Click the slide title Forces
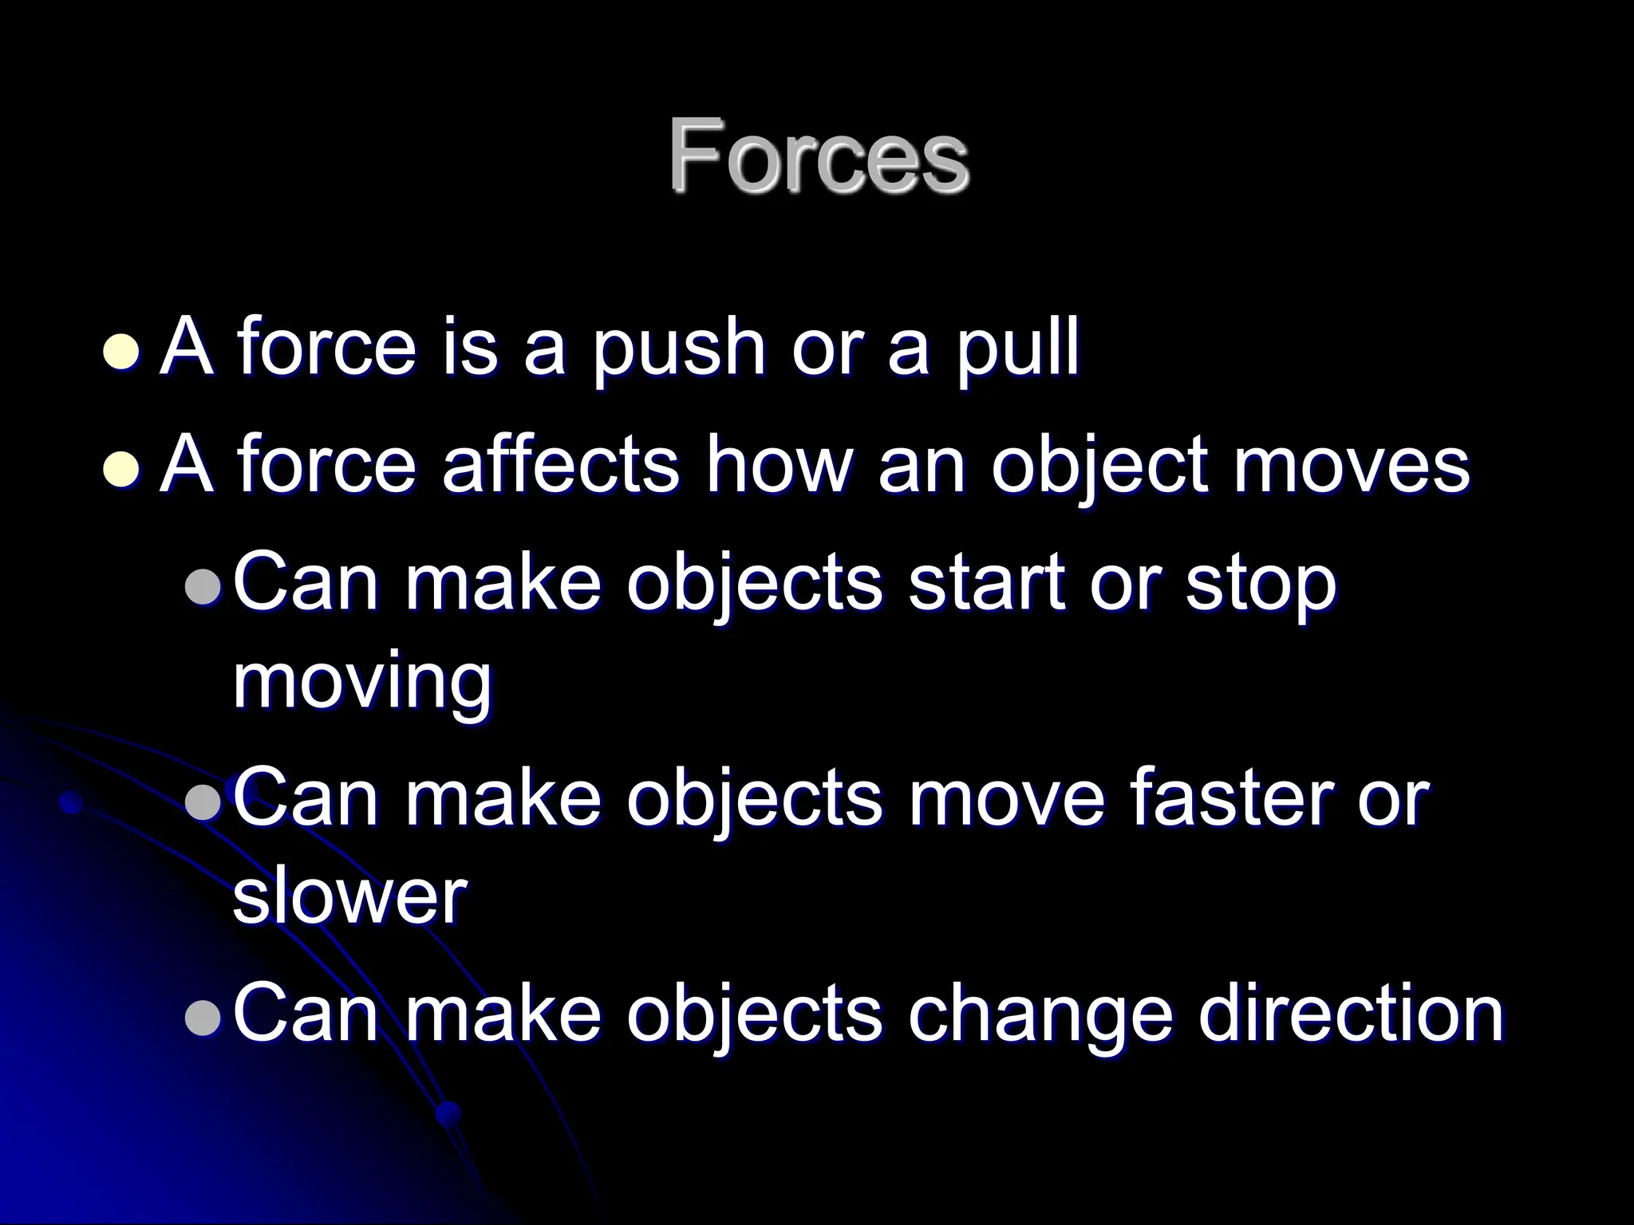click(819, 156)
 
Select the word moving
click(363, 684)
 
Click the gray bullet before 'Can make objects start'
click(202, 588)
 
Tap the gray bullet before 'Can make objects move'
click(202, 802)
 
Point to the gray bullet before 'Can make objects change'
click(202, 1018)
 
